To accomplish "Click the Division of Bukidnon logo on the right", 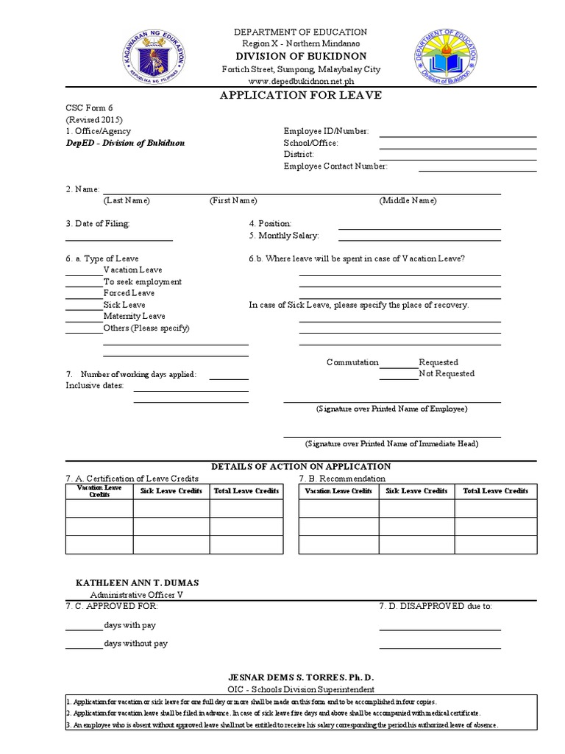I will [x=444, y=57].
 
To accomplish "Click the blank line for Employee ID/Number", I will [x=458, y=133].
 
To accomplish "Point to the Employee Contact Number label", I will [x=335, y=166].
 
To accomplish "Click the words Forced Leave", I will [x=129, y=293].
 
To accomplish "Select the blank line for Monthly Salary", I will [x=419, y=237].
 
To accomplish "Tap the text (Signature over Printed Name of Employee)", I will [x=391, y=409].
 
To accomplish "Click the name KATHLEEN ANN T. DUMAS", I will [x=138, y=582].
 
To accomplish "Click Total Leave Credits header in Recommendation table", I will [x=495, y=491].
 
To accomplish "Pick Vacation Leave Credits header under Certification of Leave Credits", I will [x=99, y=491].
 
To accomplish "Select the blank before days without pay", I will [x=83, y=646].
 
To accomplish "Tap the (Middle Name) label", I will [x=408, y=200].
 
